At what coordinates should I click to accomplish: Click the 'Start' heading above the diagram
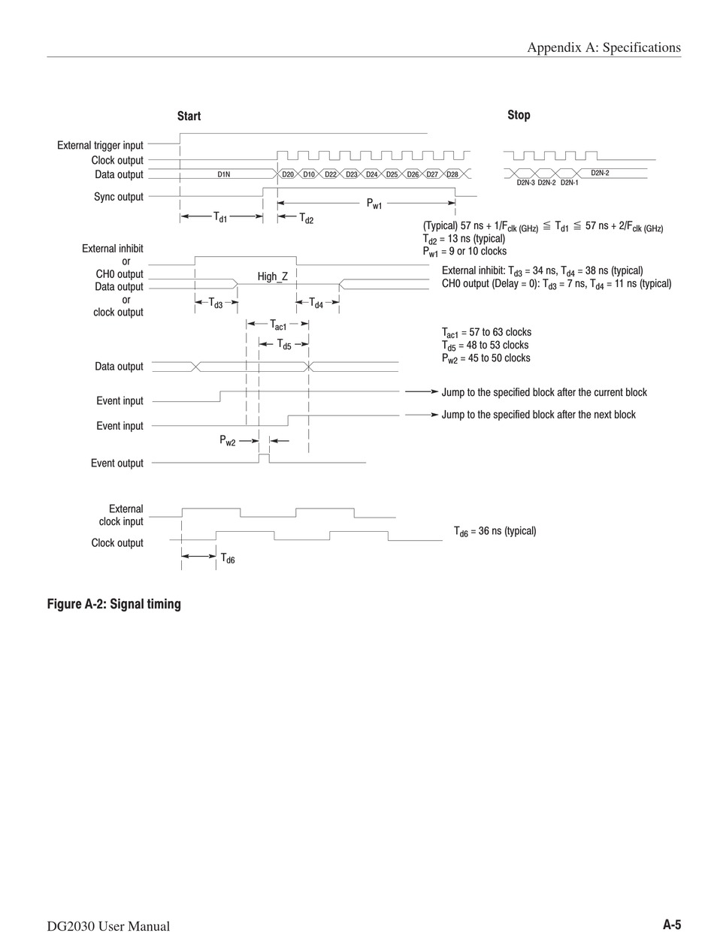coord(189,116)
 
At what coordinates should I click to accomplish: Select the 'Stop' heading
coord(519,115)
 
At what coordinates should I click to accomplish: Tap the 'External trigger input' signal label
coord(100,145)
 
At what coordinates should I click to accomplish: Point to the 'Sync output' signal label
coord(118,197)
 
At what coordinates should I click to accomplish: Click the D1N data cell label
coord(224,174)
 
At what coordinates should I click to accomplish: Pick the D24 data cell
coord(371,174)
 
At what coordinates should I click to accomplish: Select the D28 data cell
coord(452,174)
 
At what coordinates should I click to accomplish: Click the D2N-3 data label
coord(525,183)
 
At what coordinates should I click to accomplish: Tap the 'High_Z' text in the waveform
coord(272,276)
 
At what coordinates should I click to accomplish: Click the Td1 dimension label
coord(220,217)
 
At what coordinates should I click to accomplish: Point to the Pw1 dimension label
coord(374,204)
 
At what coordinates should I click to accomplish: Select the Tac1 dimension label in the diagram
coord(278,325)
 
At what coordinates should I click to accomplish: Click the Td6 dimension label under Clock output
coord(227,558)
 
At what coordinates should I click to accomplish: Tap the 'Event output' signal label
coord(116,463)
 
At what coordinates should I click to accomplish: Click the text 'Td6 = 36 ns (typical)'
coord(495,531)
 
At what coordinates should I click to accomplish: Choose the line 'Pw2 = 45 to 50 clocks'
coord(486,358)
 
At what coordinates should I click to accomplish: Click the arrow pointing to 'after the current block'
coord(421,392)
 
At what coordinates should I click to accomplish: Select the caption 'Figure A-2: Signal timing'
coord(113,604)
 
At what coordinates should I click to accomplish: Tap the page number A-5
coord(671,925)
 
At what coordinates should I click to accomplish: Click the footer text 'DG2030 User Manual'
coord(108,926)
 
